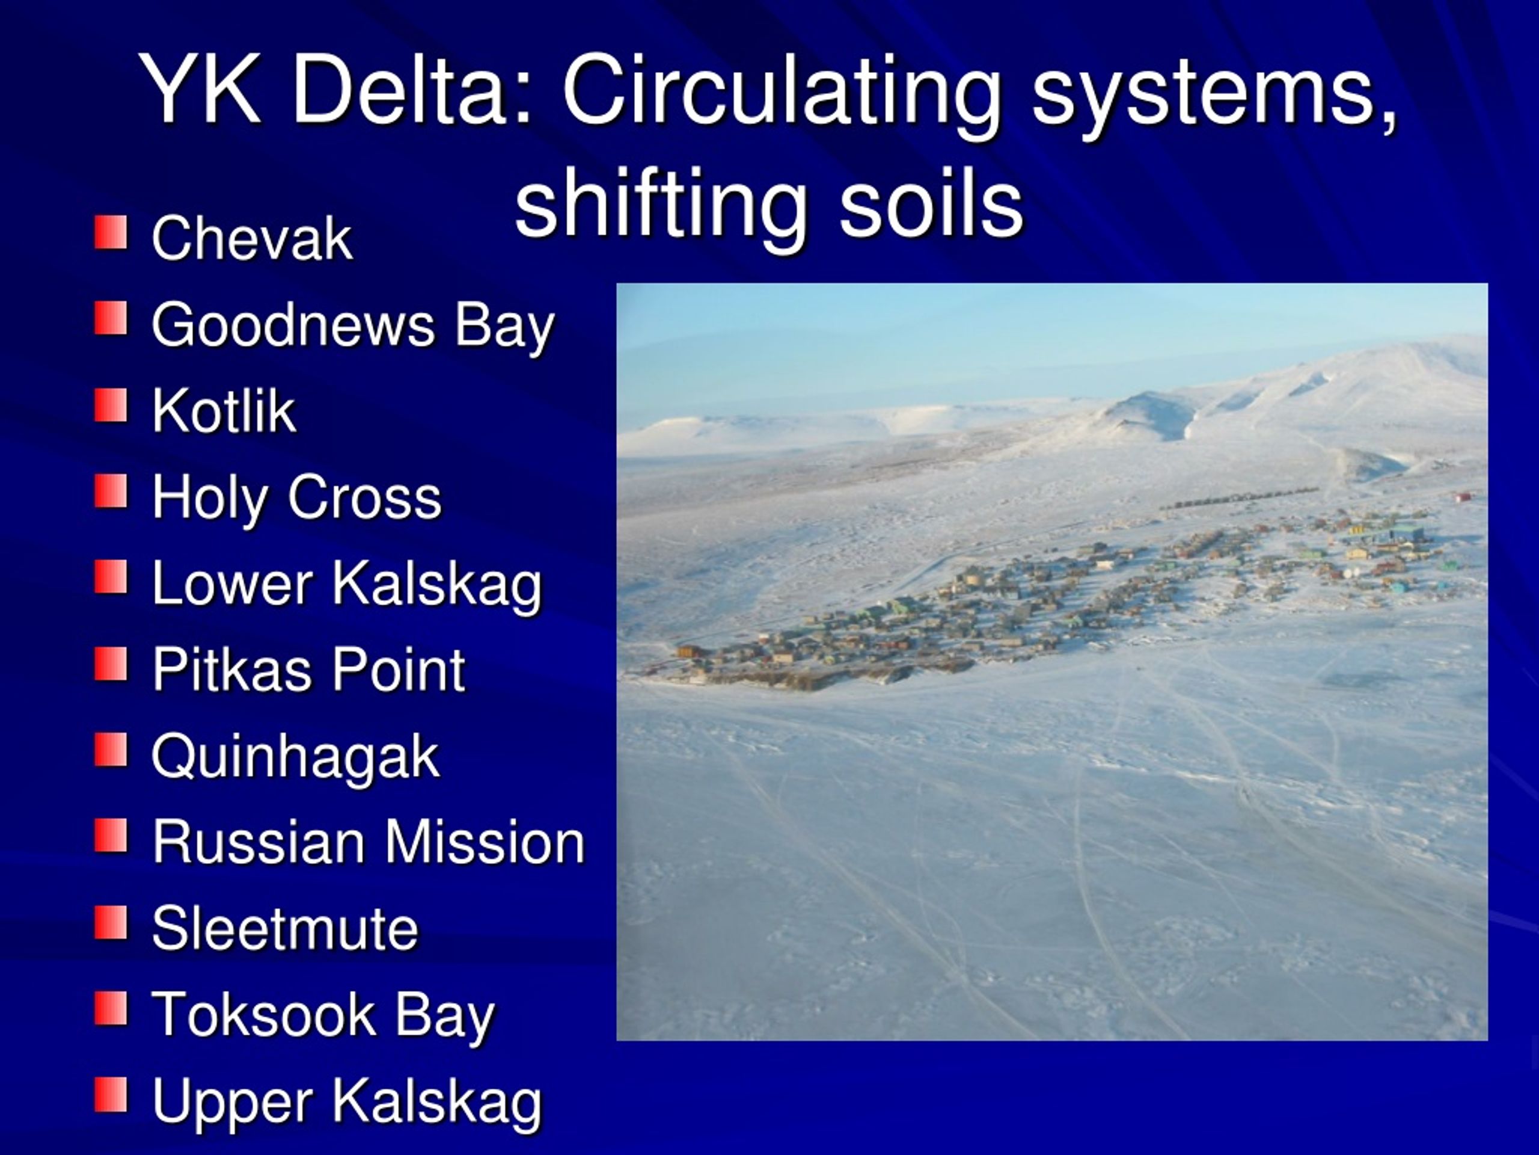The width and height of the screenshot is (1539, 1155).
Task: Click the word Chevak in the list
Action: (252, 238)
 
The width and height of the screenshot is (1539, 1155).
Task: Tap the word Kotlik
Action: (224, 411)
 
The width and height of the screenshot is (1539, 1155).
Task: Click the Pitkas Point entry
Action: (308, 670)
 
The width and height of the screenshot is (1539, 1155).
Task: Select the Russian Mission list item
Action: (368, 842)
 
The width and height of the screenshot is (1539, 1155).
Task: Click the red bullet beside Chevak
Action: (111, 232)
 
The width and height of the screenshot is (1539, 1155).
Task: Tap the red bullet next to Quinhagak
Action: (111, 750)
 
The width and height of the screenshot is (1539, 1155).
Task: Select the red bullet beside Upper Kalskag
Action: (111, 1095)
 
